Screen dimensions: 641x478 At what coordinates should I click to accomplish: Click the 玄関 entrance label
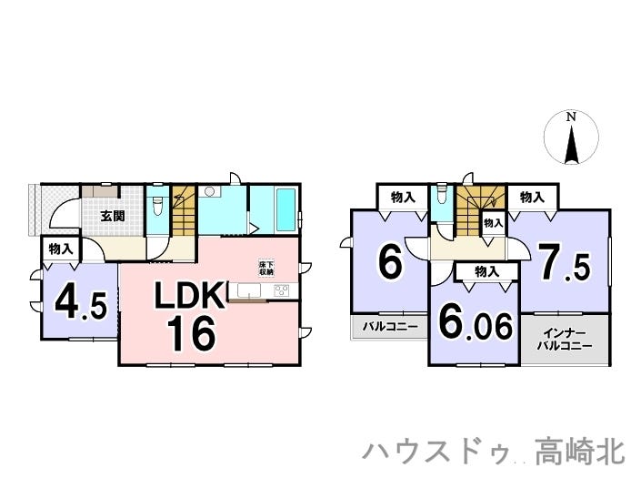(113, 216)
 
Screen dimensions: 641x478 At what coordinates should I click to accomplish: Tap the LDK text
(189, 295)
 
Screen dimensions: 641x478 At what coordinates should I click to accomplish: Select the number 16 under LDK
(191, 334)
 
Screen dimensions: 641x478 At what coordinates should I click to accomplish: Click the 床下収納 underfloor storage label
(266, 268)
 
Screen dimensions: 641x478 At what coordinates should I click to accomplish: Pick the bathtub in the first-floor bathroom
(285, 209)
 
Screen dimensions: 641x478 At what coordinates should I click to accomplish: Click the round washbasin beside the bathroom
(210, 191)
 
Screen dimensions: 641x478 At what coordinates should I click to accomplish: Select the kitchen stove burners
(282, 290)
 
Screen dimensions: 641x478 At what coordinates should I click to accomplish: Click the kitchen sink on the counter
(249, 290)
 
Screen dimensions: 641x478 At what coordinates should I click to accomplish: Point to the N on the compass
(571, 117)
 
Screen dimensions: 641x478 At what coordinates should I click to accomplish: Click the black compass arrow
(571, 146)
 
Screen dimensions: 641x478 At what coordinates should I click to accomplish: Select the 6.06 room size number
(475, 326)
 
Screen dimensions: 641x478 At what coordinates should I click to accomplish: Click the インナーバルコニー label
(564, 340)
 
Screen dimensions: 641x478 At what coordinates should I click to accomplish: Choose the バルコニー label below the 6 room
(390, 327)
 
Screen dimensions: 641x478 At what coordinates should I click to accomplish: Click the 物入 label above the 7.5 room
(532, 198)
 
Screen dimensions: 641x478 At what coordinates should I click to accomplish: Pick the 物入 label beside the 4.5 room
(61, 249)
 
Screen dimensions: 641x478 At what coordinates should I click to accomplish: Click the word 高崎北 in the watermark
(580, 452)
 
